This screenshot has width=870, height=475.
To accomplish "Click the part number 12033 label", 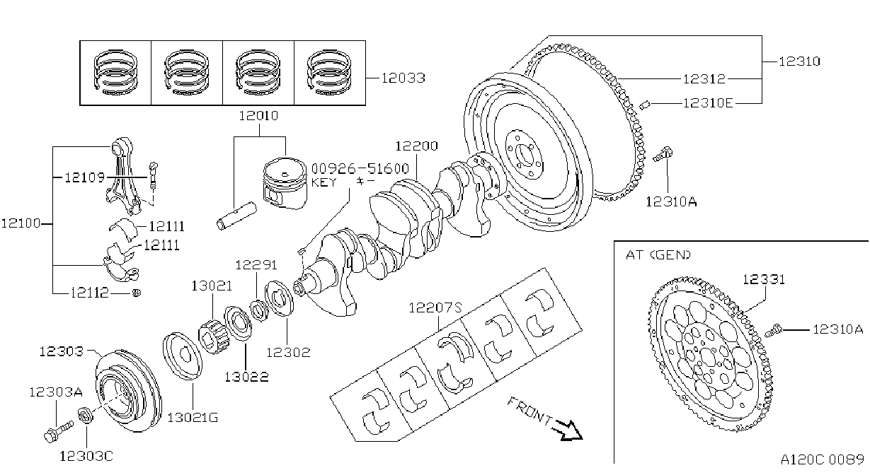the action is (403, 78).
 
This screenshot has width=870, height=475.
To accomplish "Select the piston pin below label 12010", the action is (236, 216).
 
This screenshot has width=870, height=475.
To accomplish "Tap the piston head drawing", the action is (285, 183).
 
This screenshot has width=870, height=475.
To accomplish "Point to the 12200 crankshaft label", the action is (416, 146).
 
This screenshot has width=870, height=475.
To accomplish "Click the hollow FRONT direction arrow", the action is (570, 430).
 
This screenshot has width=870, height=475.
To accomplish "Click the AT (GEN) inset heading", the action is (658, 254).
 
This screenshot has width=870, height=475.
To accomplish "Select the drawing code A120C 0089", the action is (823, 459).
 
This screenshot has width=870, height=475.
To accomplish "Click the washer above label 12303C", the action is (86, 416).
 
